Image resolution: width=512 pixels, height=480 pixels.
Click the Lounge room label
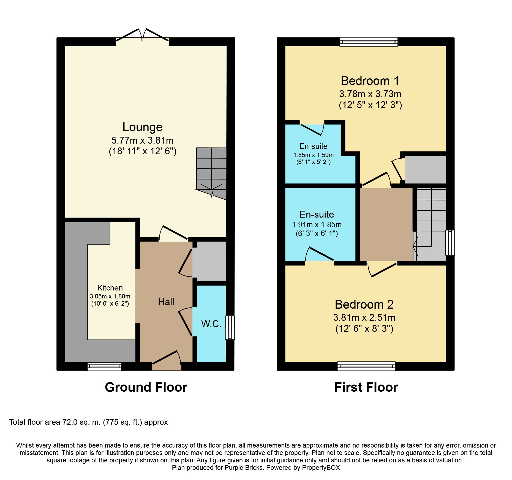pos(142,127)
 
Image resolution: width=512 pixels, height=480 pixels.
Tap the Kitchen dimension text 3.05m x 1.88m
pos(110,296)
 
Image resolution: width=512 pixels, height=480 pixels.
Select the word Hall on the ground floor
pos(166,302)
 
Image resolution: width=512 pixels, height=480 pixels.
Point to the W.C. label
pos(211,324)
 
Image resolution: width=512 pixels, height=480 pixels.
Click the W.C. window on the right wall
pos(230,327)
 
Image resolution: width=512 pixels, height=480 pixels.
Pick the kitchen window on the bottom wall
pos(105,366)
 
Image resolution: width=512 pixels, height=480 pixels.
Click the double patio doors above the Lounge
pos(142,36)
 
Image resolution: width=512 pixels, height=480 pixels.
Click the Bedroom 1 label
pos(370,81)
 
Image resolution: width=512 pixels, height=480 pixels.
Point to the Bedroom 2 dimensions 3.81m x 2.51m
pos(364,317)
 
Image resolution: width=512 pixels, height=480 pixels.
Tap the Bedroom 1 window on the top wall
pos(369,42)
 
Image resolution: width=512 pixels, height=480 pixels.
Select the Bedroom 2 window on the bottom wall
pos(366,366)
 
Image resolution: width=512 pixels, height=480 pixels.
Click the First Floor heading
pos(366,387)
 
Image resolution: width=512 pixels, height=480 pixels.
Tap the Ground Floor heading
pos(146,387)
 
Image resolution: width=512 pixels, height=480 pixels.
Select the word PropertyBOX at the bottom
pos(321,468)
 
